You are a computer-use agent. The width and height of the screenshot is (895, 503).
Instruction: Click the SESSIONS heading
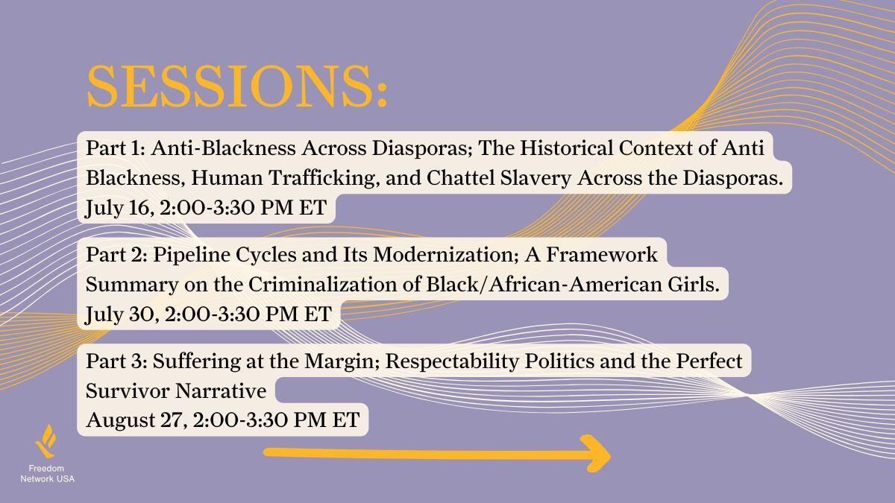237,86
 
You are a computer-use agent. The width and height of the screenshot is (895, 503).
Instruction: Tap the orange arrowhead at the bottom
595,454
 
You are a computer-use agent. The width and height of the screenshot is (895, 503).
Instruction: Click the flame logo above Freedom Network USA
45,441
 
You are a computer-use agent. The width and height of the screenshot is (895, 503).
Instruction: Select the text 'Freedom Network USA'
47,474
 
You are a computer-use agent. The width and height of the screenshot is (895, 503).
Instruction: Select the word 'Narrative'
221,390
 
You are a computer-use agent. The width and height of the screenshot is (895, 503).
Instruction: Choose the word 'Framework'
602,255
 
